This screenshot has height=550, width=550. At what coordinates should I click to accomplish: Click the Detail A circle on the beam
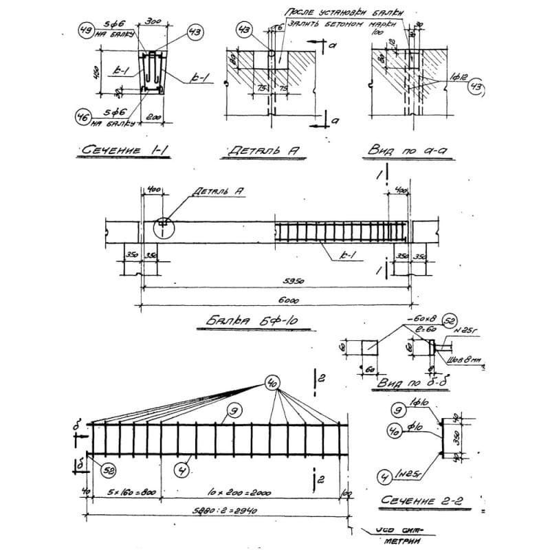[x=163, y=225]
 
